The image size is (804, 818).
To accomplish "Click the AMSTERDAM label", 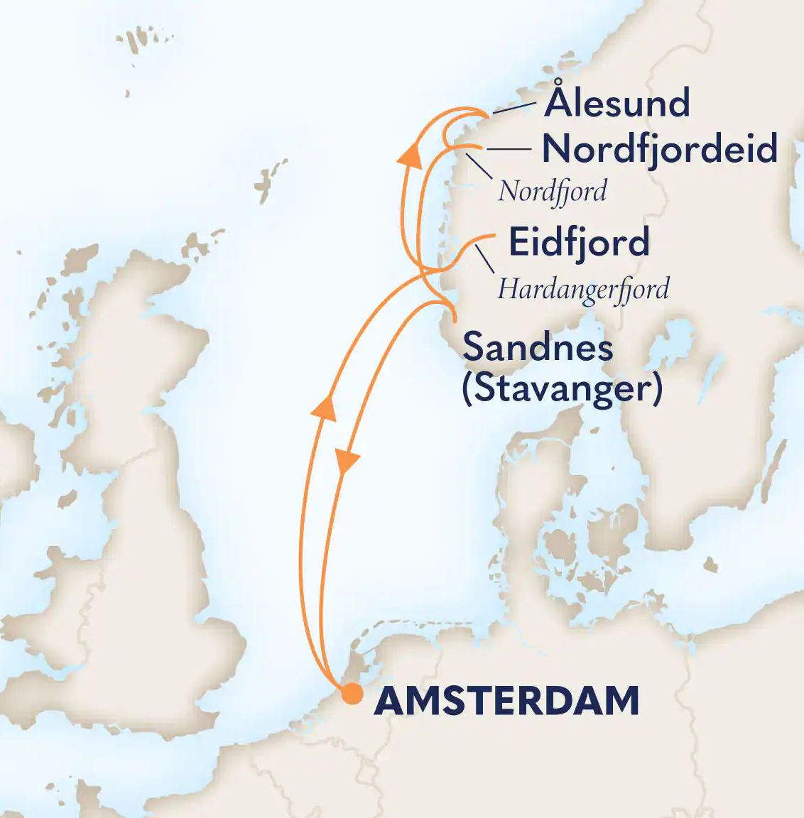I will coord(506,702).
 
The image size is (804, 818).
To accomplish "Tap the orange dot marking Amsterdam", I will coord(352,694).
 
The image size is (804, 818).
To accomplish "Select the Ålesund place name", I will coord(617,104).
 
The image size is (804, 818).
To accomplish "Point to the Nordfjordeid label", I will coord(659,149).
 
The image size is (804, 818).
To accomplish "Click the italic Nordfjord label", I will coord(553,192).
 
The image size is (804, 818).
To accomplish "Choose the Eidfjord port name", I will coord(579,242).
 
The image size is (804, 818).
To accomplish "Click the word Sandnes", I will coord(538,348).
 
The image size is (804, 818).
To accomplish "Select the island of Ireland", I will coord(28,462).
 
